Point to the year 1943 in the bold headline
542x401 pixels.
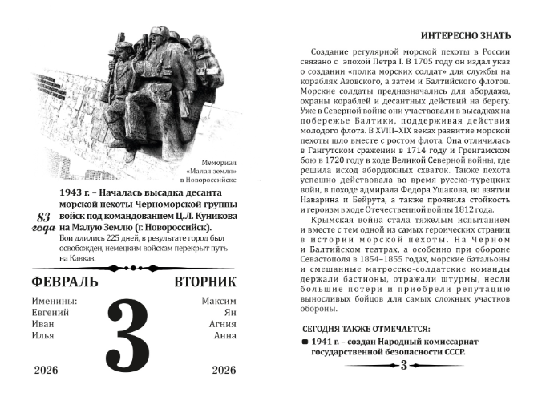(72, 193)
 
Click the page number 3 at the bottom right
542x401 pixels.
(404, 367)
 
